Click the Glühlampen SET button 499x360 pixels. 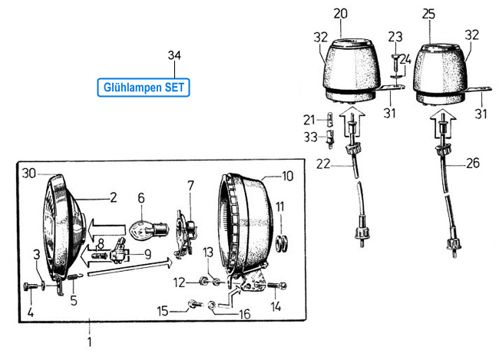coord(144,87)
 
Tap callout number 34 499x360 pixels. coord(174,54)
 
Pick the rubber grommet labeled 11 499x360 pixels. coord(280,243)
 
